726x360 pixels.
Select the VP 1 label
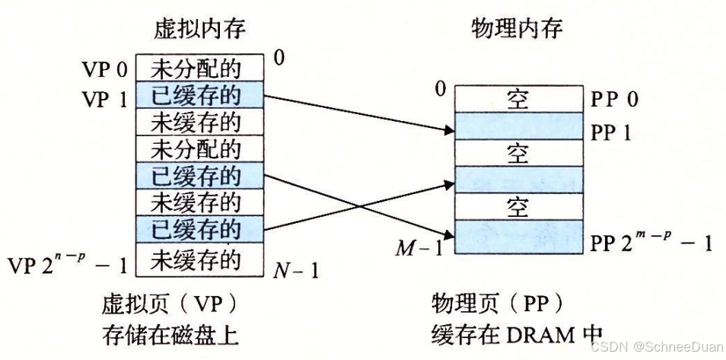coord(105,98)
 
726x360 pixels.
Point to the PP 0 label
coord(615,100)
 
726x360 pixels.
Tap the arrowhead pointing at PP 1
coord(444,129)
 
